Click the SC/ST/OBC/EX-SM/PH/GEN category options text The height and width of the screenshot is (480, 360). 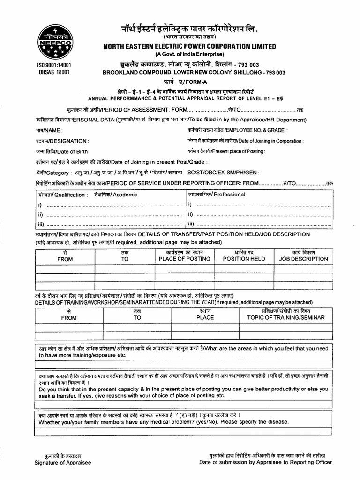tap(223, 172)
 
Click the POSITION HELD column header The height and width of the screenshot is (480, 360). tap(244, 259)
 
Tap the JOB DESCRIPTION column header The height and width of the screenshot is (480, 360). tap(303, 259)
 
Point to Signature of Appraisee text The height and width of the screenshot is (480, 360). tap(63, 462)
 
